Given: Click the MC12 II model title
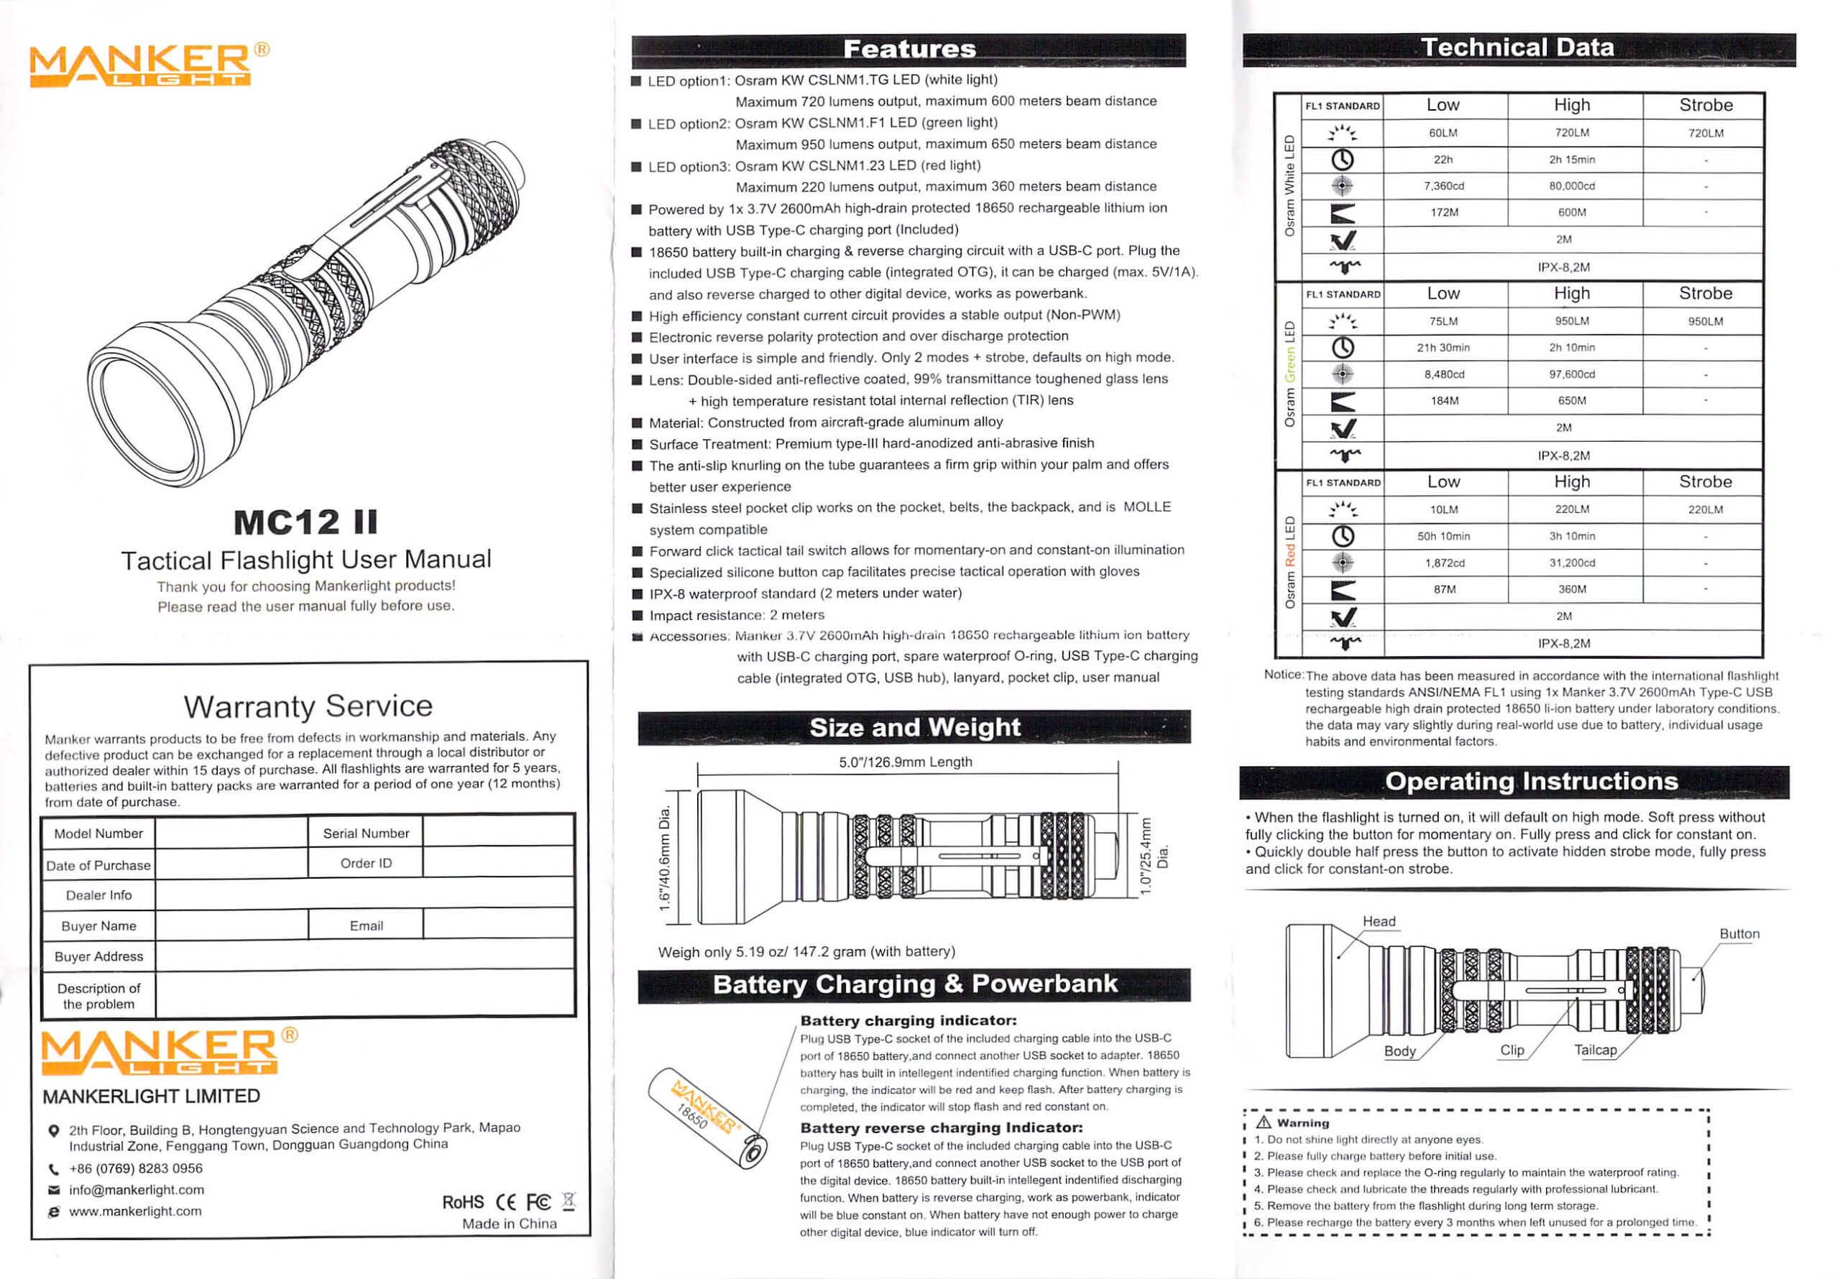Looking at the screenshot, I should (x=305, y=522).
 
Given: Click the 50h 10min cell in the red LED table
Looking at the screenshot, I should (x=1443, y=536).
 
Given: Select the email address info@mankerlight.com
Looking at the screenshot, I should (x=137, y=1190).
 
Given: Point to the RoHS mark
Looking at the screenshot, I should (x=462, y=1202).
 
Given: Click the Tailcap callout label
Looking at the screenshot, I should (x=1595, y=1050).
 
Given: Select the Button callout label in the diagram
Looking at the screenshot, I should (x=1739, y=933).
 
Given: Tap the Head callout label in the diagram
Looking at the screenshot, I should (x=1379, y=922).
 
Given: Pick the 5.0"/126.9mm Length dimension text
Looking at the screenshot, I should (x=905, y=762).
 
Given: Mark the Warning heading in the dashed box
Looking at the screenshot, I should (x=1302, y=1123).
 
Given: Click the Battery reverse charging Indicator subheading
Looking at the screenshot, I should (x=941, y=1127).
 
